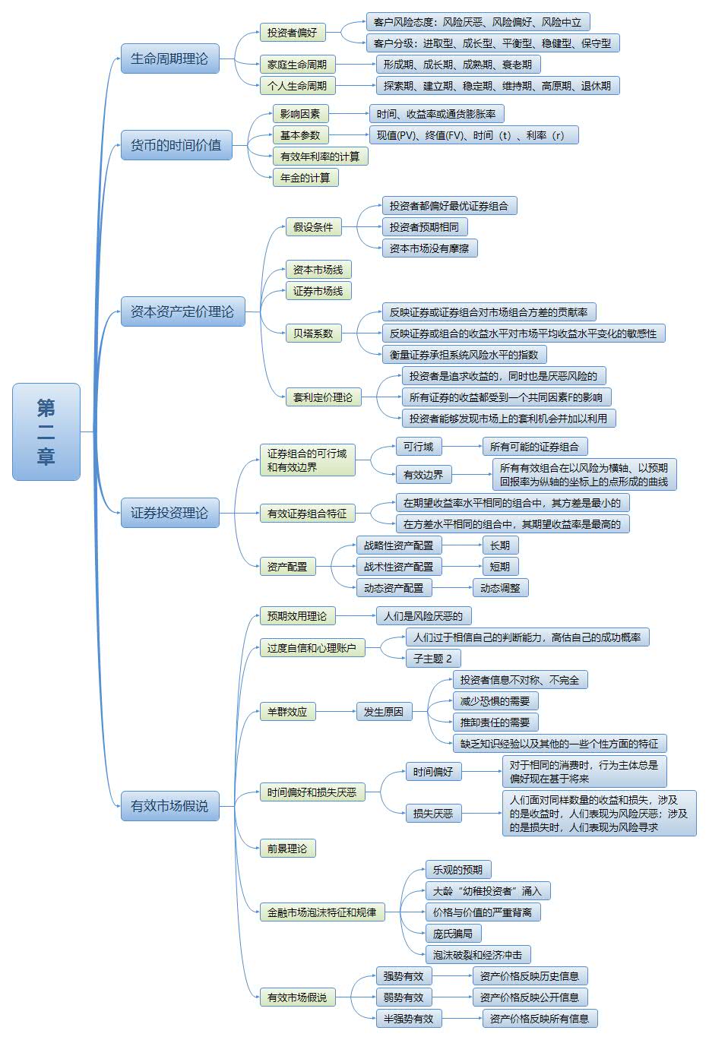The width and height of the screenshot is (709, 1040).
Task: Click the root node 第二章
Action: [x=46, y=431]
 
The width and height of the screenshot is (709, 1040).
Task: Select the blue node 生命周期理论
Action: [x=169, y=58]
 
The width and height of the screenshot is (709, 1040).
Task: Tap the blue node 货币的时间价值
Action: [x=176, y=144]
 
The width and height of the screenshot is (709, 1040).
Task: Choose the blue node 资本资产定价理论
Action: [x=182, y=311]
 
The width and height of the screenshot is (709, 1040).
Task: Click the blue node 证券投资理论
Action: [x=169, y=513]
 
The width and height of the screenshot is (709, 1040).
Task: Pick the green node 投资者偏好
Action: [x=292, y=33]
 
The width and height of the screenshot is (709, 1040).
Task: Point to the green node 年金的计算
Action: [x=305, y=178]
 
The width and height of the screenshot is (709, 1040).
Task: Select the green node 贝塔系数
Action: [x=313, y=333]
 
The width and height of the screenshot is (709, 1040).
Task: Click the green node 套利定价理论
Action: [x=323, y=397]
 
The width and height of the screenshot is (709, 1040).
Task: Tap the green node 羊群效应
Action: [x=287, y=712]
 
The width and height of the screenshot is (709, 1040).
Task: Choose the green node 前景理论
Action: [x=287, y=849]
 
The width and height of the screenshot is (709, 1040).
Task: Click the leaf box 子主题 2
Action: [x=433, y=659]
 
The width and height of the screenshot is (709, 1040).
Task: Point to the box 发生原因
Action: [x=384, y=712]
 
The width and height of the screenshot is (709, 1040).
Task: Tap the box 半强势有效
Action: [x=409, y=1019]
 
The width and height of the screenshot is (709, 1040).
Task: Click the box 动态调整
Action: [x=500, y=588]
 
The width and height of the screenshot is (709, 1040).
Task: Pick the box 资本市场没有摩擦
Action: [x=429, y=248]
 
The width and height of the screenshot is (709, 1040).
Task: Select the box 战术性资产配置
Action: [x=398, y=567]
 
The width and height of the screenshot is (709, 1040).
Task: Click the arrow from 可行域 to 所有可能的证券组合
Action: [x=461, y=447]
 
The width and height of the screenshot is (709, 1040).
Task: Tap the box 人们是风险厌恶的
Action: [x=423, y=616]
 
